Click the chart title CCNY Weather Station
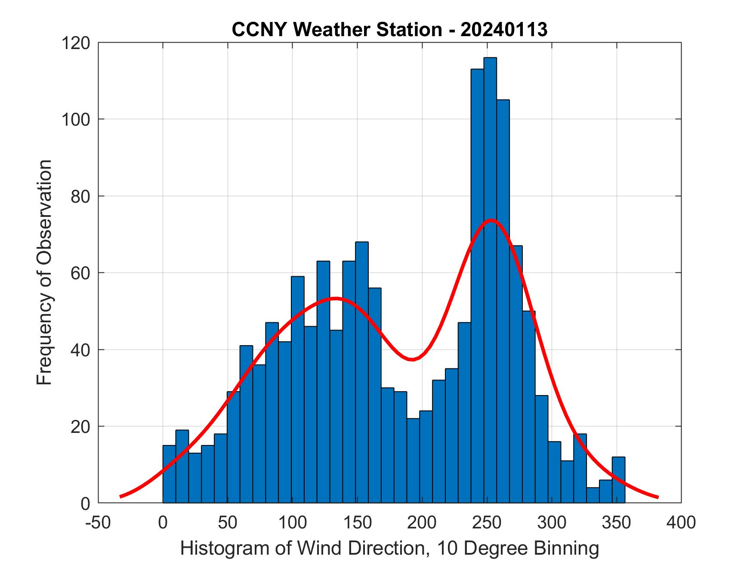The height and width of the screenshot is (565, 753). click(389, 30)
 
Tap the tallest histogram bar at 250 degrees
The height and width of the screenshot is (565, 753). click(490, 280)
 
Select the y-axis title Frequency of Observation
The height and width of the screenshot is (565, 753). click(44, 272)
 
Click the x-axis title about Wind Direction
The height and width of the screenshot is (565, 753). click(389, 549)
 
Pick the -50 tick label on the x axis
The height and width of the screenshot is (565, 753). click(99, 523)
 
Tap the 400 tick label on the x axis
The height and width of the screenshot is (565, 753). click(681, 523)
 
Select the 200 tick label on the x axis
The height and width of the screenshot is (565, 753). click(422, 523)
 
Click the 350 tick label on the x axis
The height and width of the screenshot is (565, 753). click(617, 523)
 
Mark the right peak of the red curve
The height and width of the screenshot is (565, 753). click(491, 220)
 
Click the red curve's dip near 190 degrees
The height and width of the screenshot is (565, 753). click(412, 359)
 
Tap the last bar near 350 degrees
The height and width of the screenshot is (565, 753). click(618, 480)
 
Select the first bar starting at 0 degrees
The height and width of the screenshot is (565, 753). click(169, 474)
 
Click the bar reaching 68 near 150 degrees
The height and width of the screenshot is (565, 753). click(362, 372)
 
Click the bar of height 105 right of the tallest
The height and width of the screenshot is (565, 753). click(503, 301)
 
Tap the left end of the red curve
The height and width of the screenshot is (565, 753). click(120, 496)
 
